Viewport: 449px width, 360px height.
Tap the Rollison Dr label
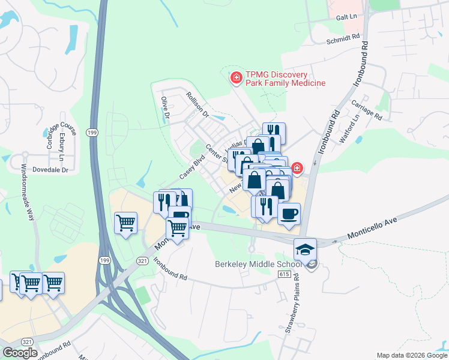[197, 104]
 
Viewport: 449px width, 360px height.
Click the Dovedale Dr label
[50, 170]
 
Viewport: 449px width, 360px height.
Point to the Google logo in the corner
[20, 353]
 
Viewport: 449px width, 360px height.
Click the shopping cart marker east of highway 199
[126, 223]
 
